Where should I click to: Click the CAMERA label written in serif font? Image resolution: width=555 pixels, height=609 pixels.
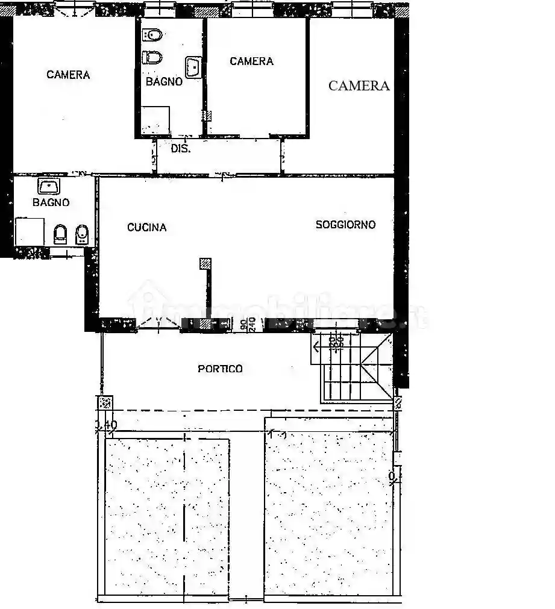point(359,86)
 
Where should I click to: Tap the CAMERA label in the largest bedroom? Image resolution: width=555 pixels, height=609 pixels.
point(68,75)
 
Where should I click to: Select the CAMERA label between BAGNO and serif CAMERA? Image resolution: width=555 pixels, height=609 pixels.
point(251,61)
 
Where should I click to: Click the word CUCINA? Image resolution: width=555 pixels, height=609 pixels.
point(146,228)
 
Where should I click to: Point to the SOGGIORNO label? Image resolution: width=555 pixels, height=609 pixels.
point(345,225)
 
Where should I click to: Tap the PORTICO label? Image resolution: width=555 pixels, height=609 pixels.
point(220,369)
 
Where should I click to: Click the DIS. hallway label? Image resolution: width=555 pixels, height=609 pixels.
point(180,149)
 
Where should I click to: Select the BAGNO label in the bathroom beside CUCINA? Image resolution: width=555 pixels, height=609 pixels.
point(51,202)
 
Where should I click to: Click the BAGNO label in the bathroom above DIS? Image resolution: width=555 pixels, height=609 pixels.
point(163,81)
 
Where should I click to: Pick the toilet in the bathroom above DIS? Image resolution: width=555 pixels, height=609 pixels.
point(152,58)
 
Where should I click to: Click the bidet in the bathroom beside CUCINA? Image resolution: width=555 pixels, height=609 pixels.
point(81,235)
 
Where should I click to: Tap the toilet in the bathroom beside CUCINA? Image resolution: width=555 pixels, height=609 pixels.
point(61,234)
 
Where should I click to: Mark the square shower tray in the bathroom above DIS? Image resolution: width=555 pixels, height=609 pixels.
point(155,120)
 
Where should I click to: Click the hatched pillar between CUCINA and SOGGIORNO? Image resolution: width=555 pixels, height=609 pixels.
point(205,263)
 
